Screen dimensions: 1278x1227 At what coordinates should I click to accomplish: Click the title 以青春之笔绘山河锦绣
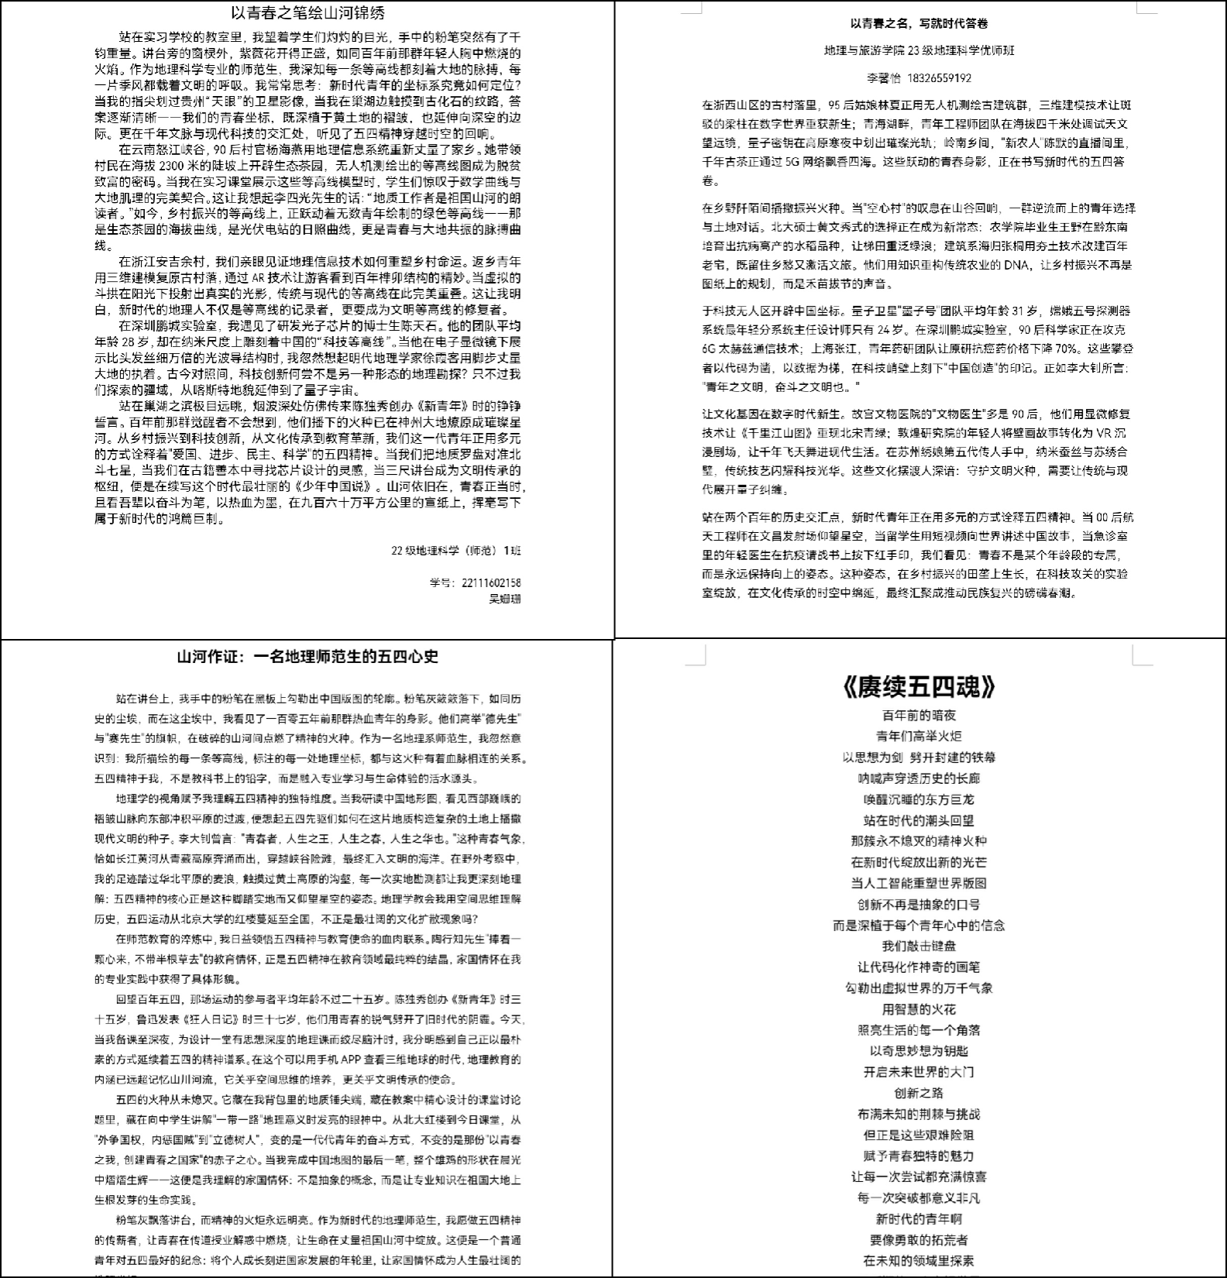coord(308,13)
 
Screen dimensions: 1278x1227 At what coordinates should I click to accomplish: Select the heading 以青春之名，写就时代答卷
coord(919,23)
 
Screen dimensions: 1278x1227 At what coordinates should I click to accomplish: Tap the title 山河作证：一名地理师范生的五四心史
coord(308,657)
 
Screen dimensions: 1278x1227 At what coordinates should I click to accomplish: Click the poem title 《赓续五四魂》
coord(919,686)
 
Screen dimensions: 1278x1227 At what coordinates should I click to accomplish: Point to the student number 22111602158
coord(490,582)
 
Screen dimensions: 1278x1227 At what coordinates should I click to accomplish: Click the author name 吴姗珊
coord(505,599)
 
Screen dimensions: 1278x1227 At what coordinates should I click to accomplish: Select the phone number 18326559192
coord(939,77)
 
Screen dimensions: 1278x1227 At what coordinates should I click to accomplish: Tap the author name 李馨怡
coord(885,77)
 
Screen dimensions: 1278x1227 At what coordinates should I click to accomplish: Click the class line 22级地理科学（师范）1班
coord(455,550)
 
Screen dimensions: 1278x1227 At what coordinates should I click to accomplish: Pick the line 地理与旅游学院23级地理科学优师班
coord(919,50)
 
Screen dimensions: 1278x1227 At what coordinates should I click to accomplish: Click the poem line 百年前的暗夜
coord(919,715)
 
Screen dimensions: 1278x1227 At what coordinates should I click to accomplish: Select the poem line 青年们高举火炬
coord(919,736)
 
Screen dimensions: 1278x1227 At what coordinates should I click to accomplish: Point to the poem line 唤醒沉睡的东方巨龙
coord(919,799)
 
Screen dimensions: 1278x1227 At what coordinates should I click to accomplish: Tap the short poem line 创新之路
coord(919,1093)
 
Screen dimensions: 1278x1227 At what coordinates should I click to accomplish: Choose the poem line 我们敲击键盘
coord(919,946)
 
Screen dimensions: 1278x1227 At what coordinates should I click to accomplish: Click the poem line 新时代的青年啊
coord(919,1219)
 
